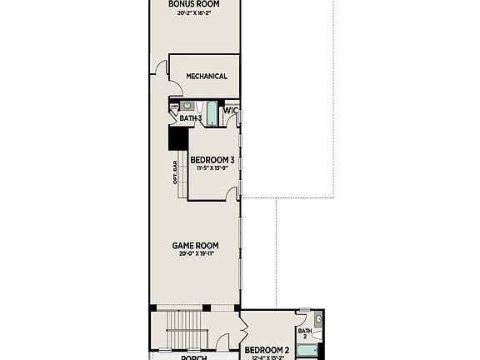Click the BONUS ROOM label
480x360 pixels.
[x=193, y=4]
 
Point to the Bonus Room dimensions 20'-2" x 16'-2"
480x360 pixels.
[x=193, y=13]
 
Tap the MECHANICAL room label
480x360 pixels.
[x=207, y=77]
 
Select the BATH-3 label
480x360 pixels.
[x=191, y=119]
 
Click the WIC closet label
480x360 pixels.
[x=231, y=110]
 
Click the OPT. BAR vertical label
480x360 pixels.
[x=175, y=174]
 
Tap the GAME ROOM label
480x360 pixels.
[x=195, y=245]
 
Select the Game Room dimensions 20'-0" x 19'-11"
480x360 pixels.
[x=195, y=254]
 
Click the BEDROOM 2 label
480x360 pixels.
[x=267, y=349]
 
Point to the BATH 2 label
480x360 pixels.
[x=304, y=333]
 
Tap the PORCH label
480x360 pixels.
[x=194, y=357]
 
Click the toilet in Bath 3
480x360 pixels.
[x=175, y=107]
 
